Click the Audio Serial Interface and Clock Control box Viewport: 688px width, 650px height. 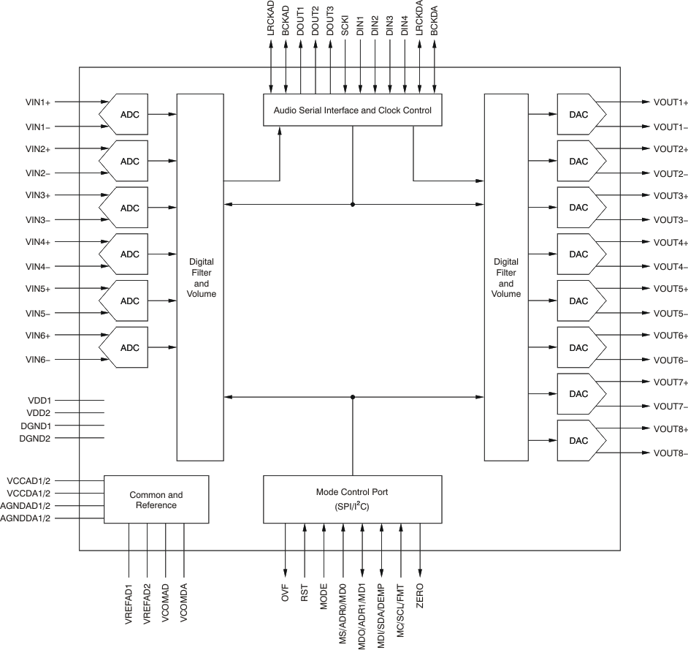coord(352,111)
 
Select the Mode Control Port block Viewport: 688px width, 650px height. coord(352,499)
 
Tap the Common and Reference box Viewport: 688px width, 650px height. coord(156,500)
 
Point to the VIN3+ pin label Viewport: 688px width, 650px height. coord(38,196)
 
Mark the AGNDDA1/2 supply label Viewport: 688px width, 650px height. coord(31,518)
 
